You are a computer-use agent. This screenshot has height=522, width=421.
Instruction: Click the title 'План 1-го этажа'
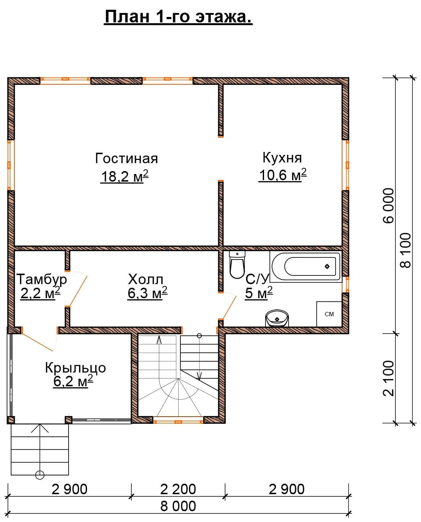pyautogui.click(x=178, y=17)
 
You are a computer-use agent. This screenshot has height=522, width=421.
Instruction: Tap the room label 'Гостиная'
pyautogui.click(x=126, y=158)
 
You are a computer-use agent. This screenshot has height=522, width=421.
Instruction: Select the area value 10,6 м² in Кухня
pyautogui.click(x=282, y=175)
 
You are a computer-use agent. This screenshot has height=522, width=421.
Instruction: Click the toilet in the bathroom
pyautogui.click(x=237, y=265)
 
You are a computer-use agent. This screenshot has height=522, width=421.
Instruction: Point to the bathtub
pyautogui.click(x=306, y=266)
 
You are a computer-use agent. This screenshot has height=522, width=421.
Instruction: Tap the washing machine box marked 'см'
pyautogui.click(x=329, y=314)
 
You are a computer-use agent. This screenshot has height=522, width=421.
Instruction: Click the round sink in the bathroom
pyautogui.click(x=277, y=318)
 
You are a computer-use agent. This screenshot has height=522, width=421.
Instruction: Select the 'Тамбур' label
pyautogui.click(x=41, y=279)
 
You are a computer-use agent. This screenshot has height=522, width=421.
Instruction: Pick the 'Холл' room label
pyautogui.click(x=145, y=279)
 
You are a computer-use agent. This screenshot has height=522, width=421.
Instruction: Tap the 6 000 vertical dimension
pyautogui.click(x=389, y=205)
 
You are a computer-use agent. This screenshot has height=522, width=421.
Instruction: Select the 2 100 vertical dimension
pyautogui.click(x=389, y=378)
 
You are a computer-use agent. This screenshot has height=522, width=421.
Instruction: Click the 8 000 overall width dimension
pyautogui.click(x=178, y=506)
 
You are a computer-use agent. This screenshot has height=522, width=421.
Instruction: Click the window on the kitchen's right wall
pyautogui.click(x=347, y=165)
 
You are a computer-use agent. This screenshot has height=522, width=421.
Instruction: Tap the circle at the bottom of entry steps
pyautogui.click(x=40, y=475)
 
